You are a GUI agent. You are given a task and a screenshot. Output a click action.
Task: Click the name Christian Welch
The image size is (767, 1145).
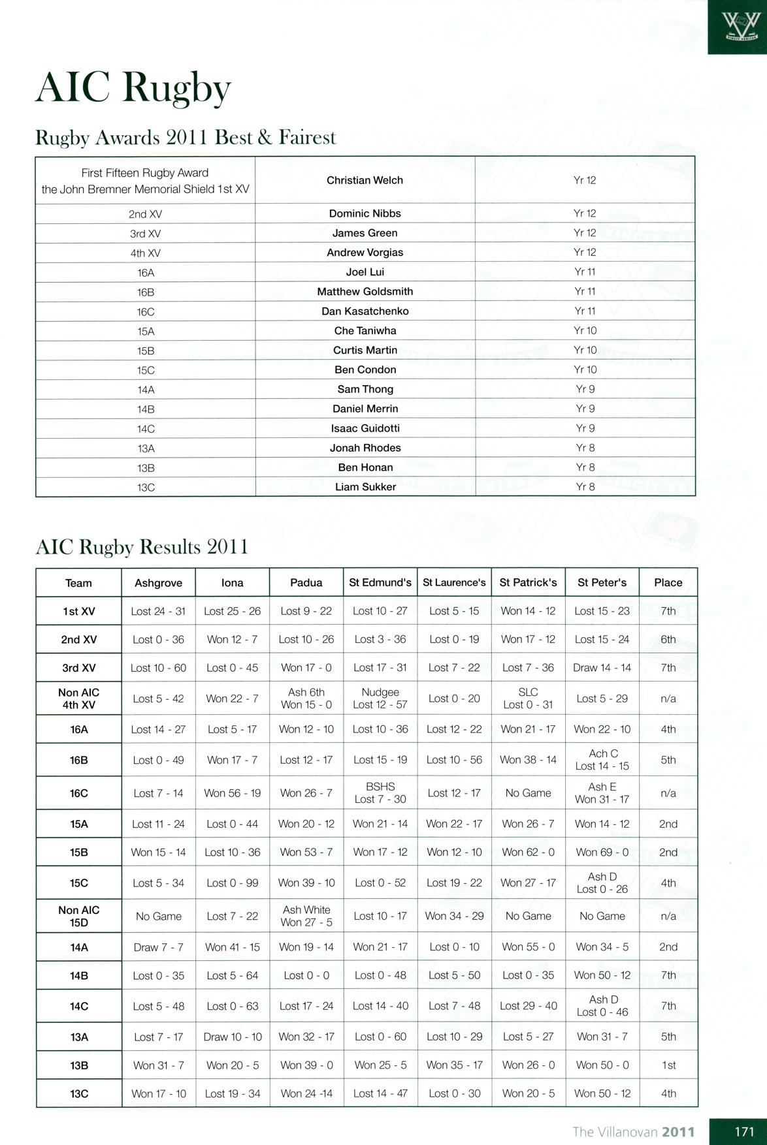coord(365,180)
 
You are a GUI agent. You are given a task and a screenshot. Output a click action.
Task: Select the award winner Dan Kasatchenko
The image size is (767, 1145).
coord(365,311)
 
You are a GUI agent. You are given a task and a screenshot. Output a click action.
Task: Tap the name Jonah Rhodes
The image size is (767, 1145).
coord(365,448)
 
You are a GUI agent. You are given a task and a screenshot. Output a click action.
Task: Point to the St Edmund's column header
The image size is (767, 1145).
coord(380,582)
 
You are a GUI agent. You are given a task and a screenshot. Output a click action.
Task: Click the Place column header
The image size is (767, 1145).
coord(668,582)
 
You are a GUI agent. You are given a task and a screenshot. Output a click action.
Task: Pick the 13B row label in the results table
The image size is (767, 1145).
coord(79,1065)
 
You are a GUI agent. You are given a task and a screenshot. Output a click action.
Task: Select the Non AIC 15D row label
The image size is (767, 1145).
coord(79,916)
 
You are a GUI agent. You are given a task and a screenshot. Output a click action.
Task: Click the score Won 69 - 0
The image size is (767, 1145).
coord(602,852)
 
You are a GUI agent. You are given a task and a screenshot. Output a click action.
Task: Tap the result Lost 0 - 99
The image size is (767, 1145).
coord(232,883)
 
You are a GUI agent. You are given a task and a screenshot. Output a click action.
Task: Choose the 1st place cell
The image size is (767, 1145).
coord(668,1065)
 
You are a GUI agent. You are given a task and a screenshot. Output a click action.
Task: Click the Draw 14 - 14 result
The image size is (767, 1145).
coord(602,667)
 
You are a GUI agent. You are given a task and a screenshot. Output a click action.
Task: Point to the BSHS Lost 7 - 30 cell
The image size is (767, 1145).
coord(380,793)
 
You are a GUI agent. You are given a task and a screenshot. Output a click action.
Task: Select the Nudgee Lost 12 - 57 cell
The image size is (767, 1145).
coord(380,698)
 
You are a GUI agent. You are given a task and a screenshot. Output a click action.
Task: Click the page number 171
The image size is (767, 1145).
coord(744,1131)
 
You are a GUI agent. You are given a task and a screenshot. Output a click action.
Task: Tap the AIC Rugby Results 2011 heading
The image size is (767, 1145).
coord(142,546)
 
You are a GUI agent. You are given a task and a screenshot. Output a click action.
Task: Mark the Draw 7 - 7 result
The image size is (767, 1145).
coord(158,947)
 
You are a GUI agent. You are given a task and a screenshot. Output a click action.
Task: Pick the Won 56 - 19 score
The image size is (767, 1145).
coord(232,793)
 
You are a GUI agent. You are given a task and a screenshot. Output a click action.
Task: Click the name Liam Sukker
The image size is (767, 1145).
coord(365,487)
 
